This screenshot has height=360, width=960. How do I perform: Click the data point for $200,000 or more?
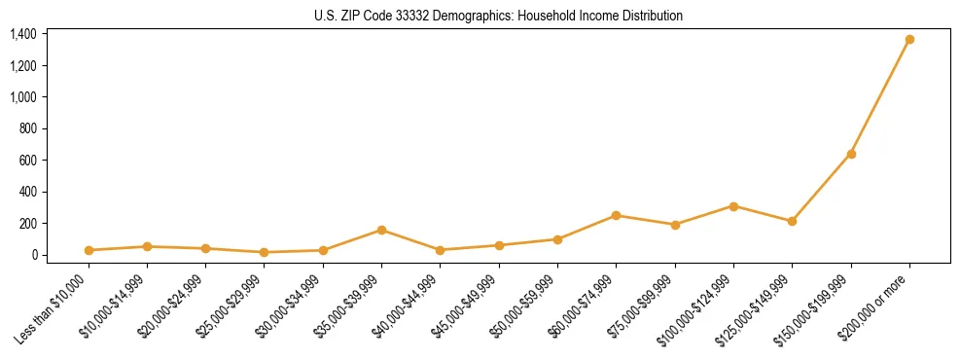coord(909,40)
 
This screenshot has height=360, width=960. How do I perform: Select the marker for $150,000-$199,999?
coord(851,154)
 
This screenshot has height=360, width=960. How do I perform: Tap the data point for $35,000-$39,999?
coord(382,231)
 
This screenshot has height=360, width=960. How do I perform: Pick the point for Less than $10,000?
coord(89,250)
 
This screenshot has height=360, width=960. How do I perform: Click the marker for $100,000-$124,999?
coord(733,206)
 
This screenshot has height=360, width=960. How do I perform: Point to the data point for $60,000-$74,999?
coord(616,215)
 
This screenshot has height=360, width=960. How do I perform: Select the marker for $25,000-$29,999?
coord(265,252)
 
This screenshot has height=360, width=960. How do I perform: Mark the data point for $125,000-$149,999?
coord(792,221)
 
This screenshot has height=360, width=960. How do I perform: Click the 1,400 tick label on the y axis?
coord(23,34)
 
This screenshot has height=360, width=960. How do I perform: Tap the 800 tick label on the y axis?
coord(28,128)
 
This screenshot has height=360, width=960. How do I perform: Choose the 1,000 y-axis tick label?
coord(23,97)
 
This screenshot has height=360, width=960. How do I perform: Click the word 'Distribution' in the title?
coord(654,16)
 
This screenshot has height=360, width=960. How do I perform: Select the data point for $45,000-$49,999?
coord(499,245)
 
